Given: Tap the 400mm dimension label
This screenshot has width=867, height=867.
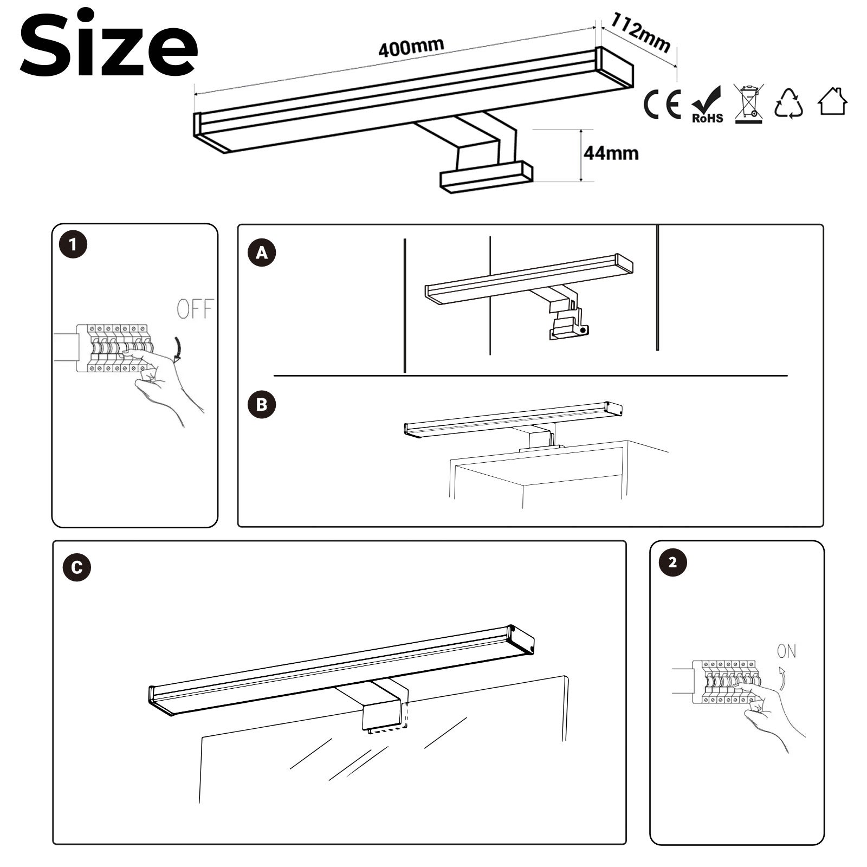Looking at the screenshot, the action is pos(411,48).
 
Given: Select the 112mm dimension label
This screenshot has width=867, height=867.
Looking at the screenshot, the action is pos(640,33).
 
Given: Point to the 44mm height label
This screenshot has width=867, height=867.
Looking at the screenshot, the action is pos(611,153).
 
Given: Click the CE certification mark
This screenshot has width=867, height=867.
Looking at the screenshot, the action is pos(662,105).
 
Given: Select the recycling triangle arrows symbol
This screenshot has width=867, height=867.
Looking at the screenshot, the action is pos(788,103).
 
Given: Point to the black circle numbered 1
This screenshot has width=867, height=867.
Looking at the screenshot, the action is pos(73,245).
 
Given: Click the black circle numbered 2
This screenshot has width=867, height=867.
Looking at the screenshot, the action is pos(672,562).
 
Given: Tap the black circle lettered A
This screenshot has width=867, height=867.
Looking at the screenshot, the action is pos(262,253).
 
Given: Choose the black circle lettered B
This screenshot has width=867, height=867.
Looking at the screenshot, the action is pos(262,405).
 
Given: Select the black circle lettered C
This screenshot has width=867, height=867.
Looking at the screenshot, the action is pos(77,567).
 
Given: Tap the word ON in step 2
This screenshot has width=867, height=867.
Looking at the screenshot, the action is pos(786,651).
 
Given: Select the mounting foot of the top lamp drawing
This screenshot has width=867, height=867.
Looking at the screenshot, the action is pos(486,177).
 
